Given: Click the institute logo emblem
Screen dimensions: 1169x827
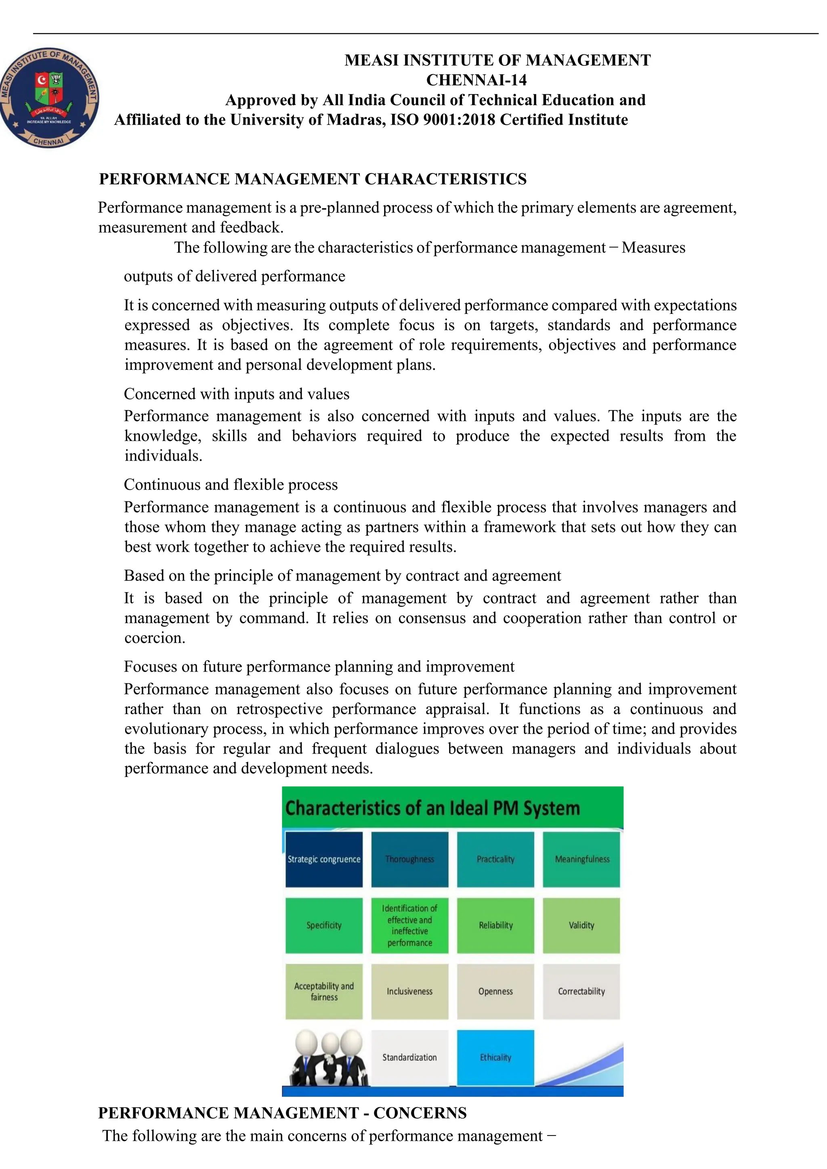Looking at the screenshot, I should click(49, 99).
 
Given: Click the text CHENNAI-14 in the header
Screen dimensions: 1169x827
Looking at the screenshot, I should click(476, 80).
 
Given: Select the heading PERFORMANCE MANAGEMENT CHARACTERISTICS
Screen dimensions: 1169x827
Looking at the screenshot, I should click(313, 179).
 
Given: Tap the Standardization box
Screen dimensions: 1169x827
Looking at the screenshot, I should click(410, 1058).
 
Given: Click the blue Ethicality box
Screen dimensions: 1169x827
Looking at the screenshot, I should click(495, 1058).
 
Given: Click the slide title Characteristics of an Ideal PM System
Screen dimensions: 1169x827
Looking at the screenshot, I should click(432, 808).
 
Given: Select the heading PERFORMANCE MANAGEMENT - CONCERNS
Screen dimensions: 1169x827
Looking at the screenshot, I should click(282, 1113).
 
